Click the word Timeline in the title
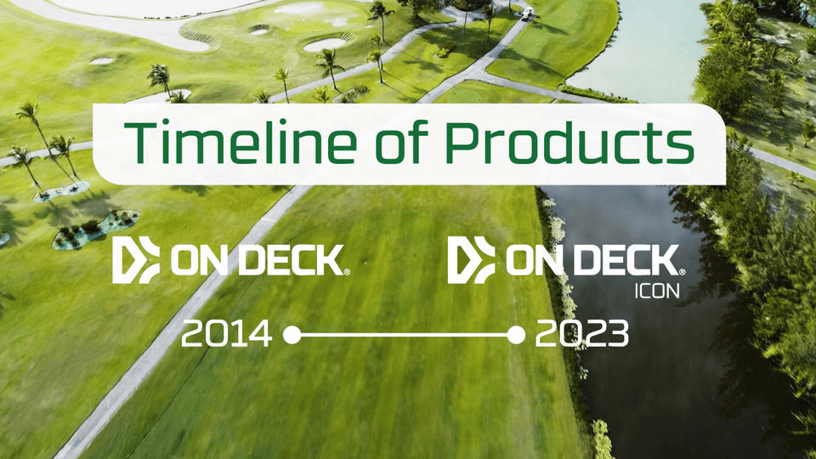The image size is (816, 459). click(241, 143)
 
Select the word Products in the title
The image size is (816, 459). click(569, 142)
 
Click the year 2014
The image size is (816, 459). click(226, 333)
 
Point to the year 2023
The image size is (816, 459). click(581, 333)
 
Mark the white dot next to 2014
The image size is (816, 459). click(292, 335)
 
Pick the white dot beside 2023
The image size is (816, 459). click(516, 335)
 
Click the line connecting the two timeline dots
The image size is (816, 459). click(404, 335)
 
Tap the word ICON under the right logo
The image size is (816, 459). click(657, 292)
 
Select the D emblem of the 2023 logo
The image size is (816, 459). click(471, 260)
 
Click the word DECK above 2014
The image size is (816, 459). click(292, 261)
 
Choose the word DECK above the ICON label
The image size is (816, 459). click(628, 261)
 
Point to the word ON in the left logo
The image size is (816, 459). click(203, 261)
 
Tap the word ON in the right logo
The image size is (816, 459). click(538, 261)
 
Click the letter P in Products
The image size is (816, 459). click(461, 142)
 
